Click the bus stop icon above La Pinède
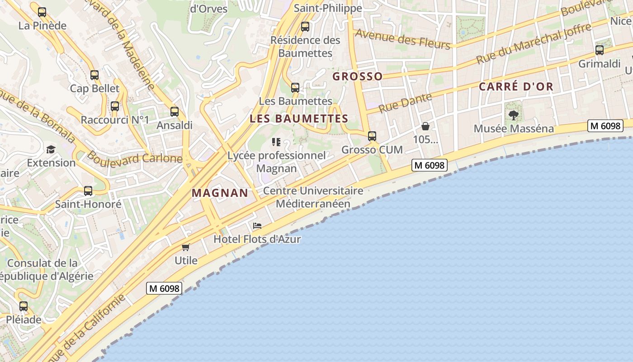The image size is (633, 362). coord(42,12)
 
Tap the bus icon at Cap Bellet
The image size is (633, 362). coord(94,75)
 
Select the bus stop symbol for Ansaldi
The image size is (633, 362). coord(175,112)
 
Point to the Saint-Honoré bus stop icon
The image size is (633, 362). coord(88,191)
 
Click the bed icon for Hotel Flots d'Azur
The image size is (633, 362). coord(257,225)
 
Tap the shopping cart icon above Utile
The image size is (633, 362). coord(185,247)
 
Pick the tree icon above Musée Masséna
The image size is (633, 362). coord(513,115)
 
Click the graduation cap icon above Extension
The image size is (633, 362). coord(51,149)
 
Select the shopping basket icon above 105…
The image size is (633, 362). coord(425,126)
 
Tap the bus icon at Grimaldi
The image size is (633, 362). coord(600,50)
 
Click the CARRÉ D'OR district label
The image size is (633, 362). coord(516,86)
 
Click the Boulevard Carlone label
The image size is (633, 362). coord(134,157)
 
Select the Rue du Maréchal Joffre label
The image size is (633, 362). coord(534,43)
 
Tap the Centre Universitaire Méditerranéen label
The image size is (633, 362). coord(313,197)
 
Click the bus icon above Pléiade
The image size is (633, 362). coord(24,306)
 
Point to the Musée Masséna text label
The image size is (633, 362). coord(514,129)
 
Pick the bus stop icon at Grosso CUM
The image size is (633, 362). coord(372,136)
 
